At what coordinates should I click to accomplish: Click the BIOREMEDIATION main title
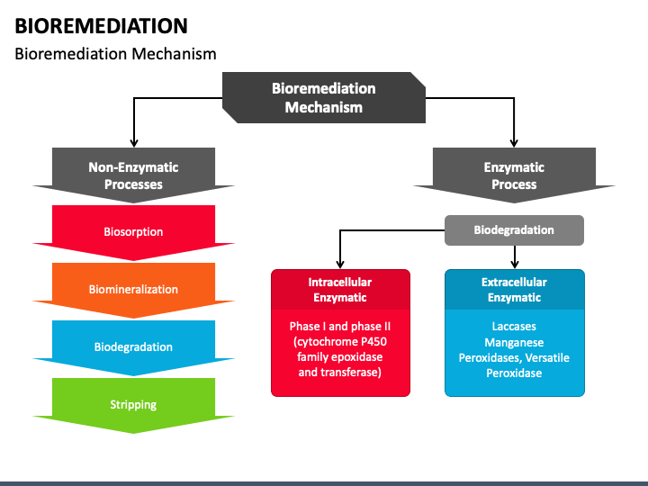point(101,26)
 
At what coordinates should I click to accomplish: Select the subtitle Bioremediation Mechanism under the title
point(115,54)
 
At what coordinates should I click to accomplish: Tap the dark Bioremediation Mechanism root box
point(324,97)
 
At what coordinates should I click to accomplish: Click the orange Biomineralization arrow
point(133,290)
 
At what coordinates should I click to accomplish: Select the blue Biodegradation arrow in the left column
point(133,347)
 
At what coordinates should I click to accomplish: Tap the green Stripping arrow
point(133,405)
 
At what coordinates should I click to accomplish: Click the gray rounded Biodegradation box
point(514,230)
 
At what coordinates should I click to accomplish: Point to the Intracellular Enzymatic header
point(340,290)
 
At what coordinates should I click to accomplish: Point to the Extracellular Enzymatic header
point(514,290)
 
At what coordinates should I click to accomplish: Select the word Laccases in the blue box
point(514,327)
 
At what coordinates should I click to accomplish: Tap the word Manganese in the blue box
point(514,343)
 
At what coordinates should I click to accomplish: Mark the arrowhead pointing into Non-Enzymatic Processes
point(133,143)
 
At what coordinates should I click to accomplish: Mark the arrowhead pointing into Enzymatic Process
point(514,143)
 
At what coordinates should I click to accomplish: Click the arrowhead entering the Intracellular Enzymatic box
point(340,265)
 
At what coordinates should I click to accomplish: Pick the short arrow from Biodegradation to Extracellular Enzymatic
point(515,257)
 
